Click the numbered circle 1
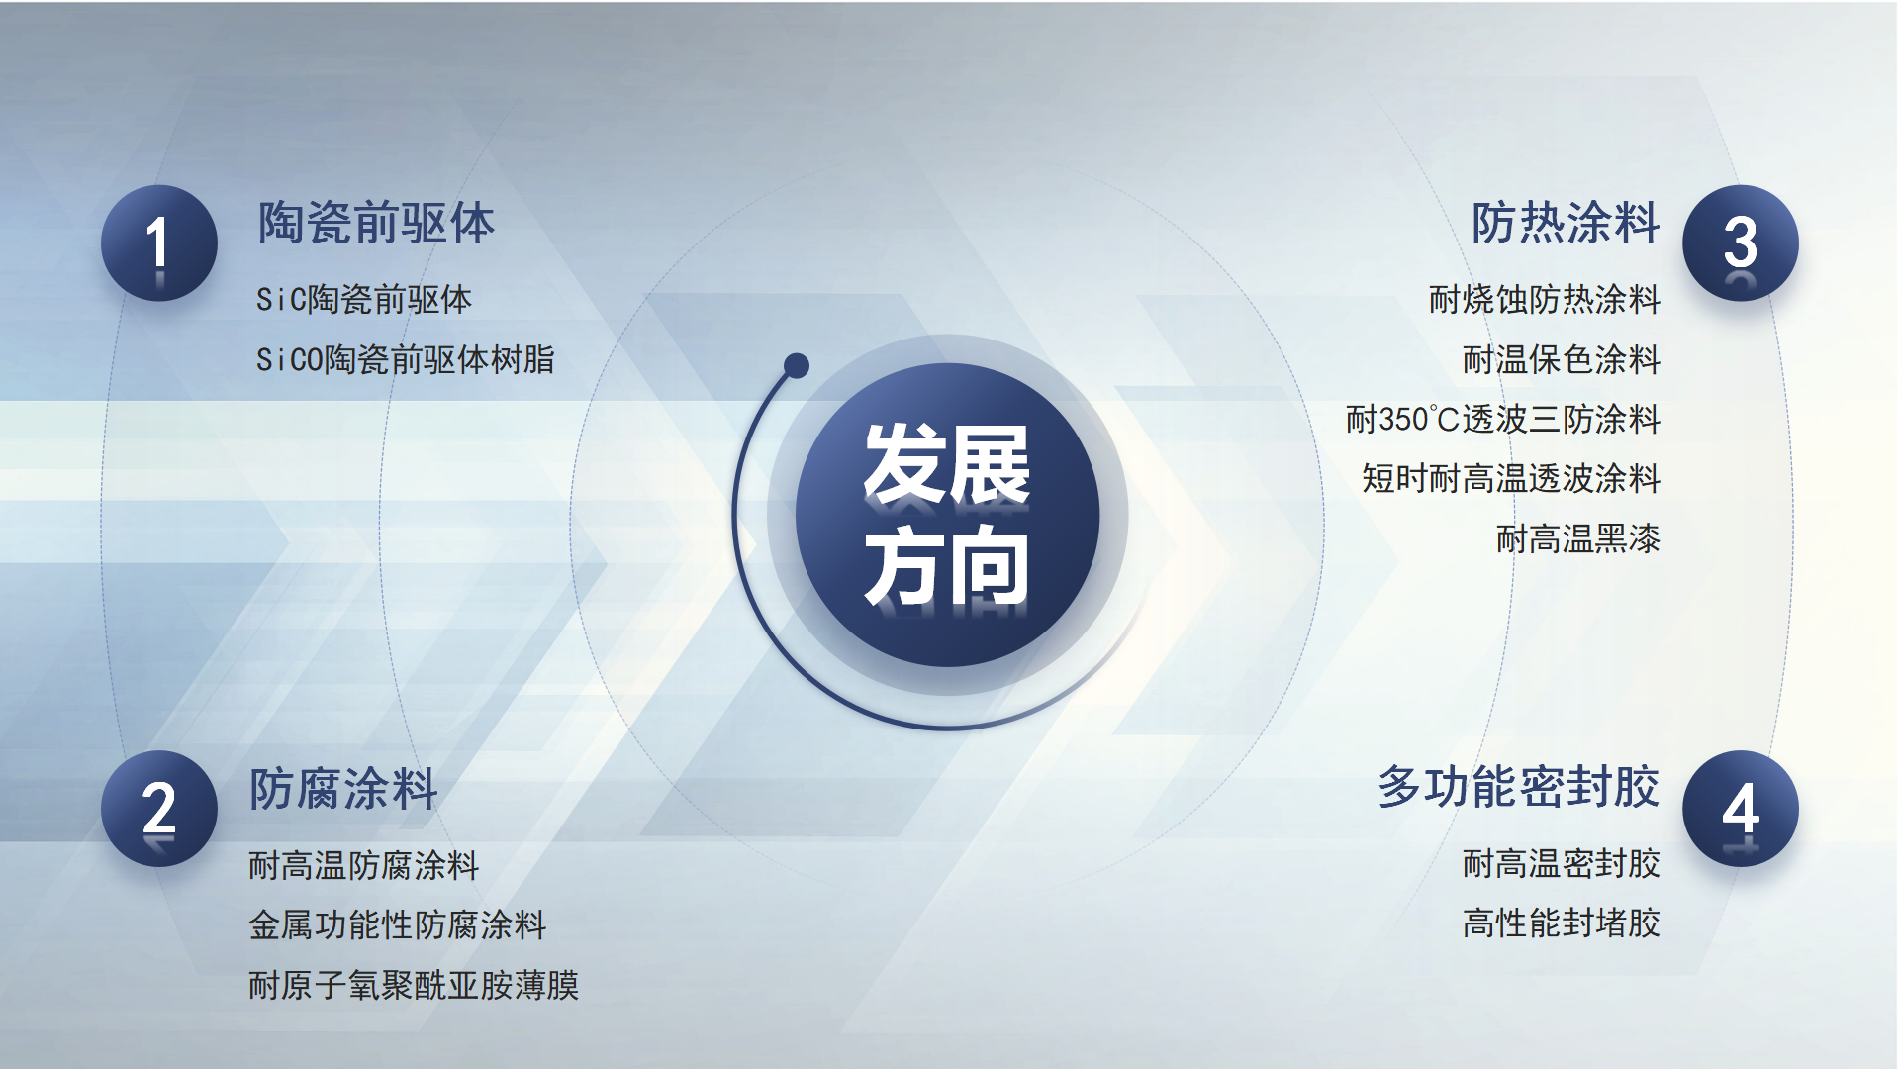point(159,243)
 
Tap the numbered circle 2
point(159,809)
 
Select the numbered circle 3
point(1741,243)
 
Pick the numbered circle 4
point(1741,809)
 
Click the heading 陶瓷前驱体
point(376,223)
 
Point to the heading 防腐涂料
point(343,789)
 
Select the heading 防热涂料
point(1566,223)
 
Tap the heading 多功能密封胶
point(1519,787)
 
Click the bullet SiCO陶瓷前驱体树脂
point(406,359)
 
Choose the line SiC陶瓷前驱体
point(364,299)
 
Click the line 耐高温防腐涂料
point(364,865)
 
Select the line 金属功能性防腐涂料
point(398,924)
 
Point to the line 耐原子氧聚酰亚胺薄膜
point(414,985)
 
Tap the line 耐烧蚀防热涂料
point(1545,299)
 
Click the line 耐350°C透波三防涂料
point(1503,419)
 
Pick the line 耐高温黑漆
point(1578,538)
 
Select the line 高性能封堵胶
point(1562,923)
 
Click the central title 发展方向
point(947,515)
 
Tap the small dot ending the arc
point(797,366)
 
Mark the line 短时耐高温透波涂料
point(1511,478)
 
